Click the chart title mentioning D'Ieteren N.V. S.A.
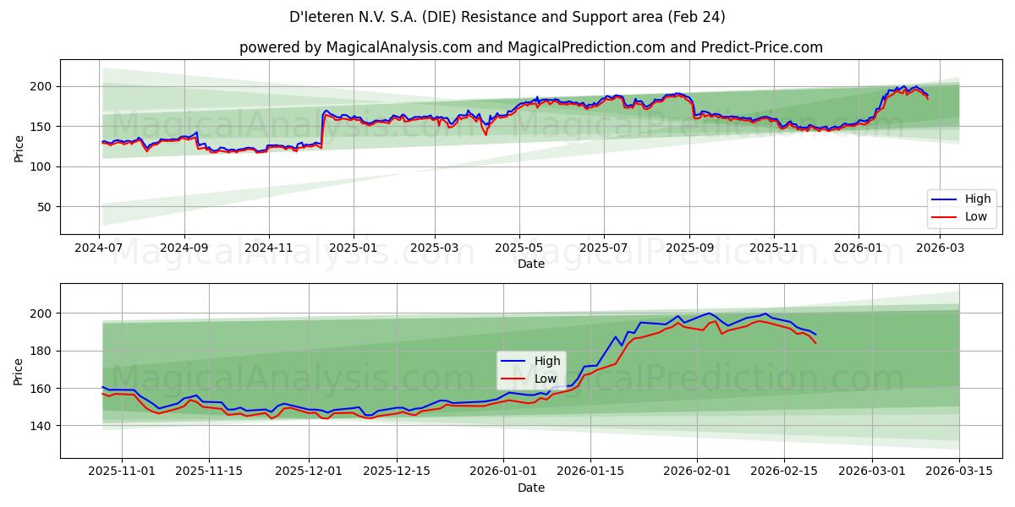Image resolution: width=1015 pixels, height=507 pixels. click(507, 17)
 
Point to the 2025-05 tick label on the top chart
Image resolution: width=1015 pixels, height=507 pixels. click(518, 248)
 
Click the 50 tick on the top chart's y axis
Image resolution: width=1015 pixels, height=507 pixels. click(45, 207)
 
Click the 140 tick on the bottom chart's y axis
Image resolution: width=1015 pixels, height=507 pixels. click(41, 426)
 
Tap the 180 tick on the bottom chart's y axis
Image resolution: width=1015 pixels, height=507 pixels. click(41, 351)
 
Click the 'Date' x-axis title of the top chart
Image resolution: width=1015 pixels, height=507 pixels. click(531, 264)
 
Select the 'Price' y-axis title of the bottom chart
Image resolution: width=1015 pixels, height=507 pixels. click(19, 370)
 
